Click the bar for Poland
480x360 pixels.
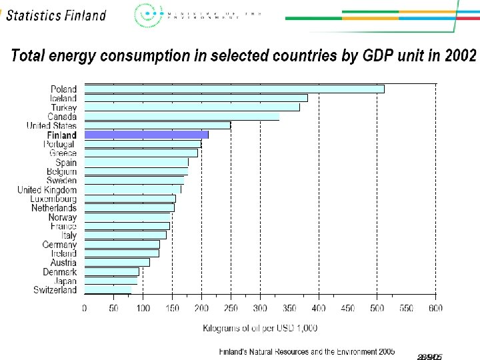(x=233, y=89)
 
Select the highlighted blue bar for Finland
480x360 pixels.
(x=146, y=135)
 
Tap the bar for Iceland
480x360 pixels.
(x=195, y=98)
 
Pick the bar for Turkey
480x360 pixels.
(x=191, y=107)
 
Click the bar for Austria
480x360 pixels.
(x=117, y=262)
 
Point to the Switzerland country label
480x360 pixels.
(x=55, y=290)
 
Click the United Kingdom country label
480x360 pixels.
(x=47, y=190)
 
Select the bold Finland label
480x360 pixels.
(x=61, y=135)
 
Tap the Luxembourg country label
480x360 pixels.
(x=53, y=199)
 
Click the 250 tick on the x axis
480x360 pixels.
(x=231, y=308)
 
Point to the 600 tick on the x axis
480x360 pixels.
(x=435, y=308)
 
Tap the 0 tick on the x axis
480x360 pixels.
(x=85, y=308)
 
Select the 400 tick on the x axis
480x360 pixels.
(x=319, y=308)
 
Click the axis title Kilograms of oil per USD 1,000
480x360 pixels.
(x=260, y=327)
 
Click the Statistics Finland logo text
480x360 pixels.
(x=56, y=15)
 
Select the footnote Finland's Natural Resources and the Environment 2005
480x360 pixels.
(x=307, y=351)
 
